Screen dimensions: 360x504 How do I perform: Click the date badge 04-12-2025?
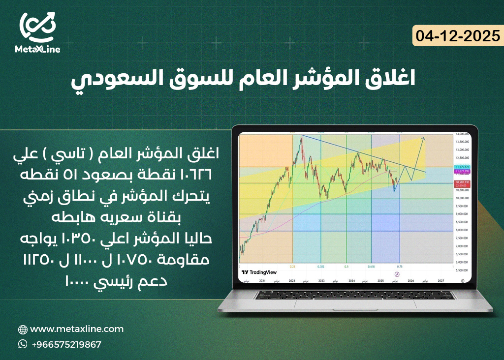(x=458, y=36)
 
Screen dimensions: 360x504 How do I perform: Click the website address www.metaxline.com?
(x=77, y=329)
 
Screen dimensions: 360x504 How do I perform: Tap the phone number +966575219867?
(x=66, y=344)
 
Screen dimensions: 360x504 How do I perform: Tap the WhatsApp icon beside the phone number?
(x=23, y=344)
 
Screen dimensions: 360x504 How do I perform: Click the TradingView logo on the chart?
(x=258, y=272)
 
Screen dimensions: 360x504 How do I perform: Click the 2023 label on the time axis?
(x=321, y=280)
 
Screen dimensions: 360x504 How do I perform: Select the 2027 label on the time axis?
(x=441, y=280)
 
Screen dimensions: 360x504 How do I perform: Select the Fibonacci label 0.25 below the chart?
(x=293, y=266)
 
